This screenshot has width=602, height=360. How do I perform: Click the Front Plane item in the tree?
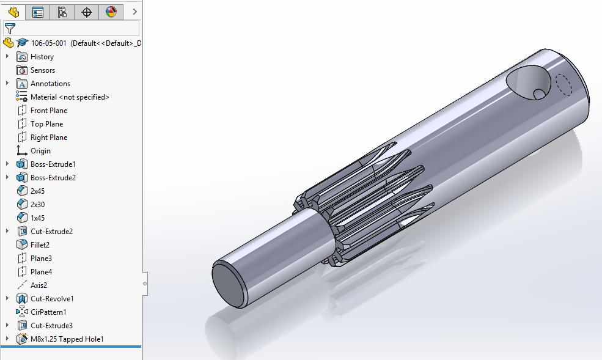click(49, 111)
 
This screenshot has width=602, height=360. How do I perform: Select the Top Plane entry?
click(46, 124)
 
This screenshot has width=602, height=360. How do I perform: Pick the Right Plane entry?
click(49, 138)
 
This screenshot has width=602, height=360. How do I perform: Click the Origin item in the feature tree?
click(40, 151)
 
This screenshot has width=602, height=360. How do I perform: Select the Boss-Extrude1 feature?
click(53, 164)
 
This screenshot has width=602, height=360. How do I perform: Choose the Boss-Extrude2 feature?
click(53, 178)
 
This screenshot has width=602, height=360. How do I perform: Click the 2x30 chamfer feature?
click(38, 205)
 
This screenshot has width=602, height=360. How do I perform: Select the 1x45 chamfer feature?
click(38, 218)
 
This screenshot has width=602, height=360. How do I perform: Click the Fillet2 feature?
click(40, 245)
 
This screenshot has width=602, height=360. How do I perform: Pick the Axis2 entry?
click(39, 285)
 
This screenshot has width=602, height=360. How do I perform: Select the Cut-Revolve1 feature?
click(52, 299)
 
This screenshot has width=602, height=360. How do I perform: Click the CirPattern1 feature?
click(48, 312)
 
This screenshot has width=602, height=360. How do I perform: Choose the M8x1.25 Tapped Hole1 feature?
click(67, 339)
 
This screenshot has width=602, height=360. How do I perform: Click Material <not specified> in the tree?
click(70, 97)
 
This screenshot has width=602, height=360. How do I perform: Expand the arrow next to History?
click(7, 57)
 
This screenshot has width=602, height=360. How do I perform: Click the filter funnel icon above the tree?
click(10, 28)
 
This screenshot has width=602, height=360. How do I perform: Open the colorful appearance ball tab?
click(111, 12)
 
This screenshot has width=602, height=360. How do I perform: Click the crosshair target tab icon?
click(87, 12)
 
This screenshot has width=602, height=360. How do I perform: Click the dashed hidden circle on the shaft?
click(564, 85)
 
